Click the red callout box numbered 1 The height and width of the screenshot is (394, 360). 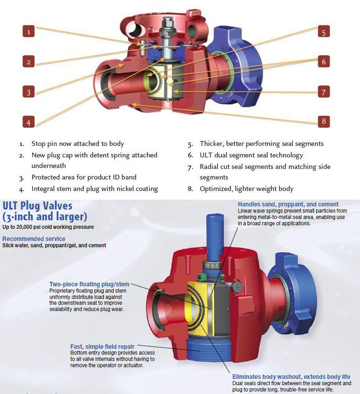point(29,32)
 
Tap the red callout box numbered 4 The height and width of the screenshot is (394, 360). point(29,122)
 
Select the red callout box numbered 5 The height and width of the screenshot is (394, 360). point(324,32)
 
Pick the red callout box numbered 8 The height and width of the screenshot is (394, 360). point(324,121)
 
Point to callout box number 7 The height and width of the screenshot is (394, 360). point(324,92)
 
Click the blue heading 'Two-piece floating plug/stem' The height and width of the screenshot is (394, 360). point(89,284)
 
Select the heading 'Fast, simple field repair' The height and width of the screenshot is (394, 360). point(102,346)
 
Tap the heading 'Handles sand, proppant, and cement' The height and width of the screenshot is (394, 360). point(288,204)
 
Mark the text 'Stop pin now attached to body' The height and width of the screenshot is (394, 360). point(78,143)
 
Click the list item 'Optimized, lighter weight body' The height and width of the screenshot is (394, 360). point(246,189)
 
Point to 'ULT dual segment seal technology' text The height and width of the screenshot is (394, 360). point(251,155)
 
